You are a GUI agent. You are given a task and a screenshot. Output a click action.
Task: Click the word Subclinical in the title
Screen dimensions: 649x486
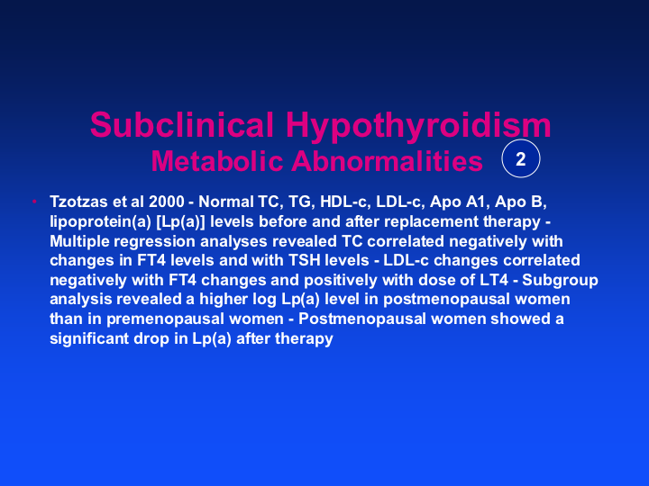tap(182, 124)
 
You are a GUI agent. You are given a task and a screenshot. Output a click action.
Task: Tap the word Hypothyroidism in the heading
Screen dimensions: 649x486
tap(418, 127)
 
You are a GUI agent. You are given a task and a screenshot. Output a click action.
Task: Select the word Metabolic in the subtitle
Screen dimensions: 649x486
tap(217, 161)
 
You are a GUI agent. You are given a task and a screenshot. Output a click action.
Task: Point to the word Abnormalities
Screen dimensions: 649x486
tap(388, 161)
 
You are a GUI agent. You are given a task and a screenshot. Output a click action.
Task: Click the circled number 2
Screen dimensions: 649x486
tap(521, 158)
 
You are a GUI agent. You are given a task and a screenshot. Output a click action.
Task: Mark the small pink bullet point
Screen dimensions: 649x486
tap(35, 202)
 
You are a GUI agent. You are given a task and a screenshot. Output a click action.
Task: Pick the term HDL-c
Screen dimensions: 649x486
tap(344, 202)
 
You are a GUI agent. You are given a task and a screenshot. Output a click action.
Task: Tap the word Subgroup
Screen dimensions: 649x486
tap(560, 280)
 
